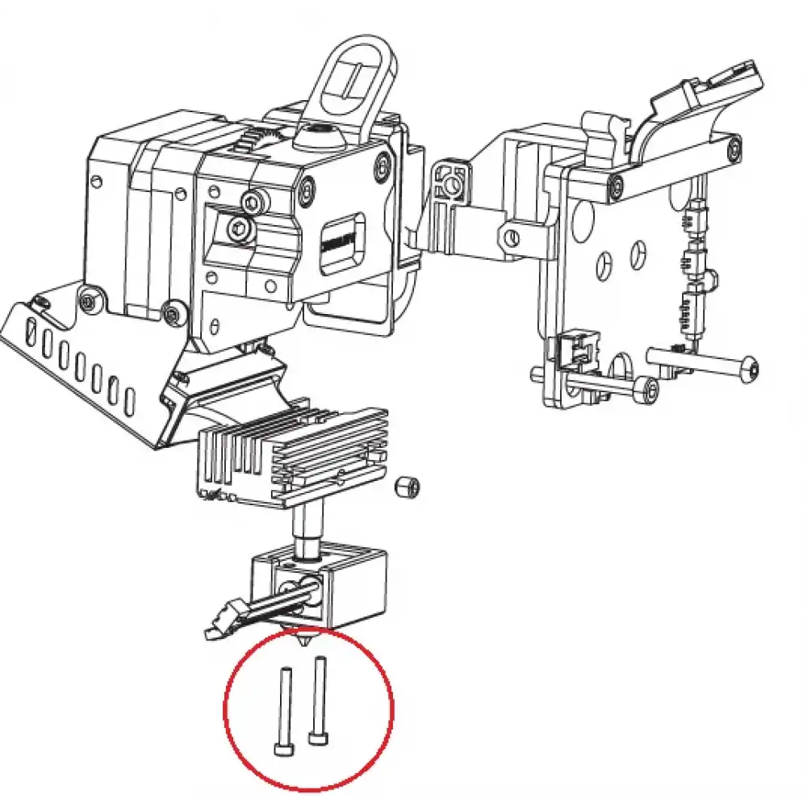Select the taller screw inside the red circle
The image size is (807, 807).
click(319, 701)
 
